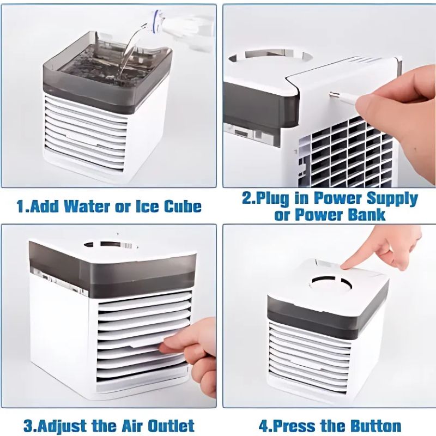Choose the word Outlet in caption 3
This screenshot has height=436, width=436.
pyautogui.click(x=171, y=426)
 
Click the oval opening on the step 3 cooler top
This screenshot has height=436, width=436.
pyautogui.click(x=108, y=245)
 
